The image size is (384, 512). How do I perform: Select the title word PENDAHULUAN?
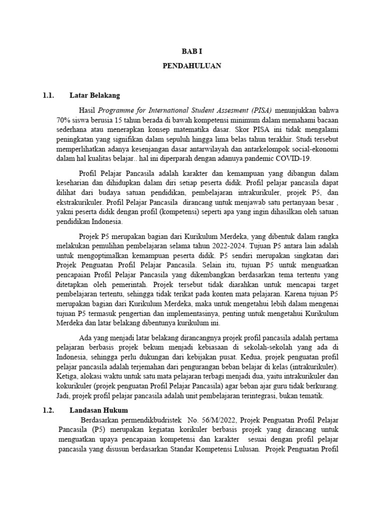click(x=192, y=66)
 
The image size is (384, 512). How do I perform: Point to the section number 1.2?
click(x=48, y=410)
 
